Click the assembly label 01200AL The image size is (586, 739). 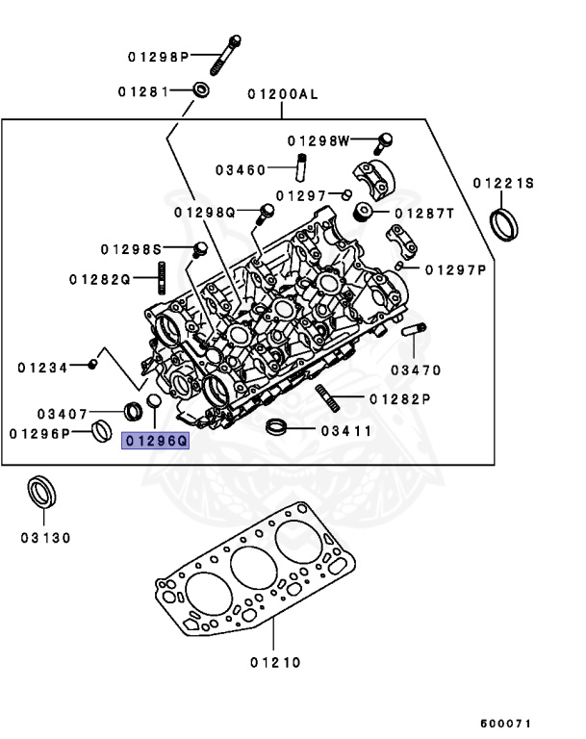(x=282, y=95)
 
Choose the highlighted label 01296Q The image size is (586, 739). (x=156, y=442)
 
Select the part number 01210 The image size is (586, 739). (x=275, y=662)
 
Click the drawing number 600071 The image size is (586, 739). (x=505, y=723)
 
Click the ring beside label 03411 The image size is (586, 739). (x=277, y=428)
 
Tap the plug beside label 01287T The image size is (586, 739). (x=365, y=212)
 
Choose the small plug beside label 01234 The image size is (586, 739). (x=92, y=364)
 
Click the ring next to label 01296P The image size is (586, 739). (x=102, y=433)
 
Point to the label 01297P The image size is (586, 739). (x=456, y=270)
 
